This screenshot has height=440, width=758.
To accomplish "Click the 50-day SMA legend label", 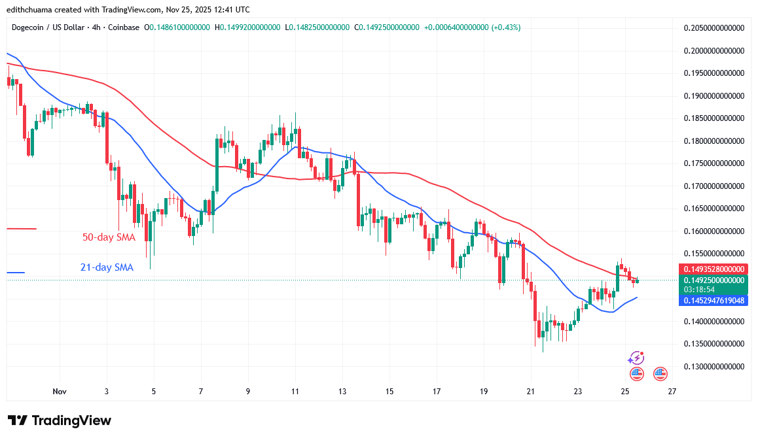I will (109, 237).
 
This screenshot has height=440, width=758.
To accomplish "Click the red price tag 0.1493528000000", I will (713, 269).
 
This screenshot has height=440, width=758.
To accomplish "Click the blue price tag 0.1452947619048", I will (713, 301).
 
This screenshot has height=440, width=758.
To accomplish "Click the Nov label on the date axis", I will (60, 392).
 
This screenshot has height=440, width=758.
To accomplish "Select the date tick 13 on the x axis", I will (342, 392).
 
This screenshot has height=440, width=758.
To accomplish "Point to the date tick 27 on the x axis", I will (672, 392).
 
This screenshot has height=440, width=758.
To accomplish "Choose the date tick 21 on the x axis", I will (531, 392).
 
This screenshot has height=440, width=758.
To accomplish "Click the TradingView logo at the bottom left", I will (59, 420).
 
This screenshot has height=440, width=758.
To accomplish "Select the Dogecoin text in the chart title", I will (29, 27).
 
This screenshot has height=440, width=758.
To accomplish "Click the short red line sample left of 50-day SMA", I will (21, 229).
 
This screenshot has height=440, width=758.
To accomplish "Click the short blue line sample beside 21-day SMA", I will (16, 273).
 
